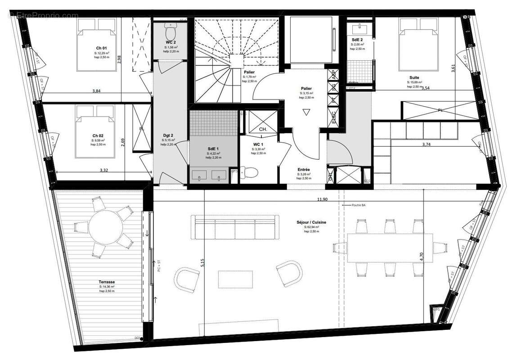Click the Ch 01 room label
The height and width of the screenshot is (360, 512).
(x=101, y=48)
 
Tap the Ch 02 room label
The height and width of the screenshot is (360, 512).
(x=98, y=135)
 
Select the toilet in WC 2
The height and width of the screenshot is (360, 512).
(x=171, y=32)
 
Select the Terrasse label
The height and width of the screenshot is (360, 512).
(x=107, y=281)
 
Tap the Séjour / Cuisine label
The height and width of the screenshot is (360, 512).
(x=311, y=222)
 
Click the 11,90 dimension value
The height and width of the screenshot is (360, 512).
(x=322, y=199)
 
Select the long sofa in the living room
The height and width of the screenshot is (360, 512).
(x=234, y=227)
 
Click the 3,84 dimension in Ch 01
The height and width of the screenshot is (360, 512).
(x=96, y=90)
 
